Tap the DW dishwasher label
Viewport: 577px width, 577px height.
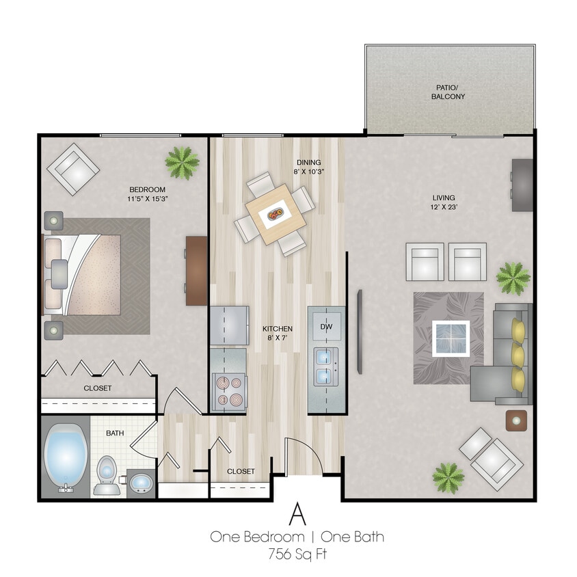(325, 327)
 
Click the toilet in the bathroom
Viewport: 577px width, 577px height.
(106, 475)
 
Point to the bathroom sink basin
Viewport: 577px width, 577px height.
(142, 483)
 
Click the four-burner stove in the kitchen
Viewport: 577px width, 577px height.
(228, 391)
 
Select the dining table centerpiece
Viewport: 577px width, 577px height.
(276, 215)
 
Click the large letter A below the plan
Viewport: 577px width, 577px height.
(297, 513)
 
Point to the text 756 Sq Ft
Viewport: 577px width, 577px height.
(297, 554)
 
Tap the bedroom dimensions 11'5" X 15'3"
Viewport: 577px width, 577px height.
(148, 200)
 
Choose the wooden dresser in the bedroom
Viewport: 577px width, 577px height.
(196, 270)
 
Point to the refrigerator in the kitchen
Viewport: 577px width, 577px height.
(228, 325)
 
